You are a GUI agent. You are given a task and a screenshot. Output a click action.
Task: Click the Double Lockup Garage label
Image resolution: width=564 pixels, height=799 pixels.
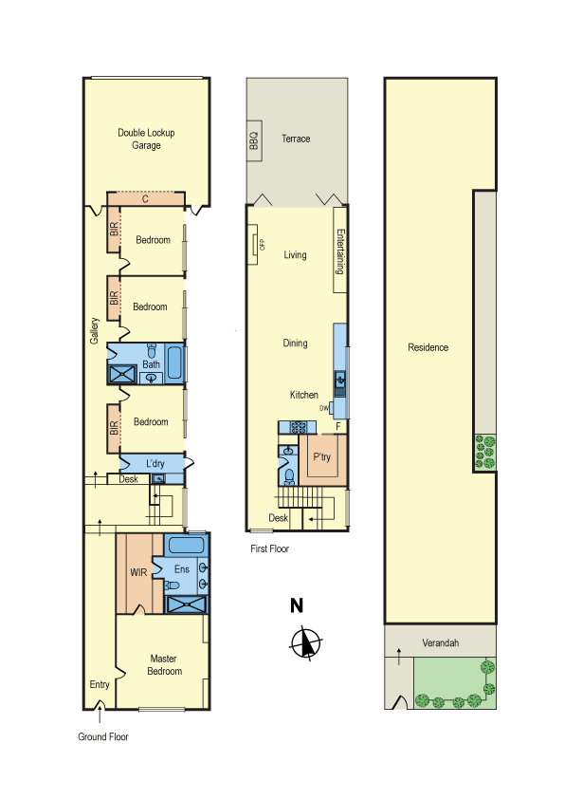pos(146,139)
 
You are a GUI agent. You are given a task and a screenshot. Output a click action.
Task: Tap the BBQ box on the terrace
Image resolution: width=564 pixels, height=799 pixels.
pos(254,140)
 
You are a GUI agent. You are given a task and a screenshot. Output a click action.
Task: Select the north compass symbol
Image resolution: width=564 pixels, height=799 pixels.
pos(305,643)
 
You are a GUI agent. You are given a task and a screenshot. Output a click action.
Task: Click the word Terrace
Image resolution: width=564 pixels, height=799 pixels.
pos(296,139)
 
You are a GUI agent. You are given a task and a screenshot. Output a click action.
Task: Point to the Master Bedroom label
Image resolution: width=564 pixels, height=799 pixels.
pos(164,665)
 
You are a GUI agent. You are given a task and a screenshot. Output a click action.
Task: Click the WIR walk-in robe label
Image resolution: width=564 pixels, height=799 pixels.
pos(138,572)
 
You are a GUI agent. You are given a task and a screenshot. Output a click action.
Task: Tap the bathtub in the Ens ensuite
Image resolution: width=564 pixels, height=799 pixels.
pos(186,545)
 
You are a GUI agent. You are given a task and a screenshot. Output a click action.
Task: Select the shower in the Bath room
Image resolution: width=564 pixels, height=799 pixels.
pos(122,375)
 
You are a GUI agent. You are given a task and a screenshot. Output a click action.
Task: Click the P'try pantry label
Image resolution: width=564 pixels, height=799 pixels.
pos(321,456)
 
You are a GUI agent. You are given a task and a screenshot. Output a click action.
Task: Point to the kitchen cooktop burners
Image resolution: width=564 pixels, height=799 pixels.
pos(299,427)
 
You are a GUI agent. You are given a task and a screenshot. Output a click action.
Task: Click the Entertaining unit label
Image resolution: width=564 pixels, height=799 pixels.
pos(340,251)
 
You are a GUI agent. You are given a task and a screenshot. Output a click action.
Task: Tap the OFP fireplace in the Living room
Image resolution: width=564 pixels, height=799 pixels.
pos(253,244)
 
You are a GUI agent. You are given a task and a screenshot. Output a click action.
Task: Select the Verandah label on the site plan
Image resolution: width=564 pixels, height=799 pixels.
pos(441,642)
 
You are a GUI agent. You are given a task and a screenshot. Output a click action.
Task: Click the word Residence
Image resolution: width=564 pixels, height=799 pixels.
pos(428,347)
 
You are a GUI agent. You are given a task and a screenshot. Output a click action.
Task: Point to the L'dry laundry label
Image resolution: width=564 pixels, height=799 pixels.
pos(155,463)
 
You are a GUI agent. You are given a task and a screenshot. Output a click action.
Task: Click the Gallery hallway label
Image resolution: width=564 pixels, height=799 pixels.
pos(94,331)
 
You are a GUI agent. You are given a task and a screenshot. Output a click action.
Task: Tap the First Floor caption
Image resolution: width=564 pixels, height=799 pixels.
pos(270,548)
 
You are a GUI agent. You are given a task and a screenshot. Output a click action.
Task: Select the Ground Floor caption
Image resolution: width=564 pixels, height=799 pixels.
pos(102,736)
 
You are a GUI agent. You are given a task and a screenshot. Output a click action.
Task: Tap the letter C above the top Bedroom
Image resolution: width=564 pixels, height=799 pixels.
pos(146,198)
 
